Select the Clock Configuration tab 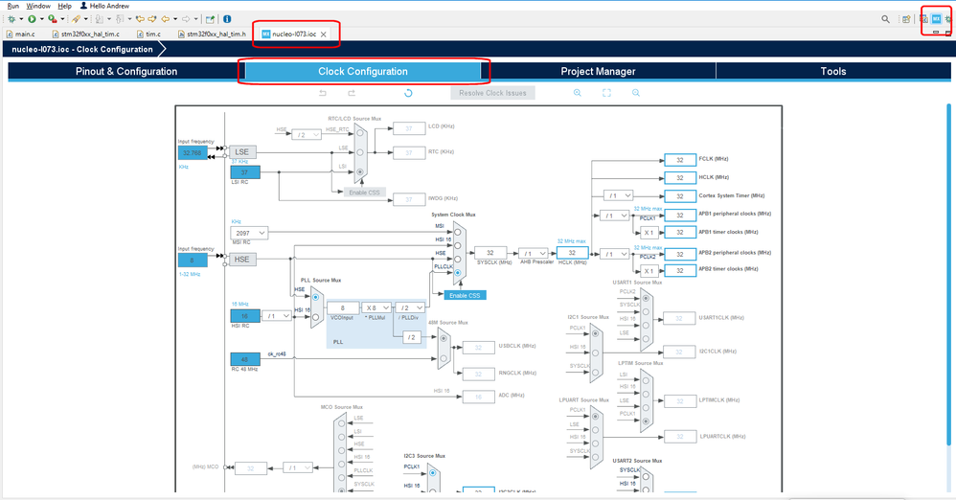(363, 71)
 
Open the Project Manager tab (598, 71)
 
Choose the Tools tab (832, 71)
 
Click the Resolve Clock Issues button (492, 93)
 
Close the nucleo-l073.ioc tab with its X (324, 34)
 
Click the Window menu (38, 6)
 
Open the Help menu (65, 6)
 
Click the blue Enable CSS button (462, 295)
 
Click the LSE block (241, 152)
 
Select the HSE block (241, 259)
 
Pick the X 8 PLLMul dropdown (375, 307)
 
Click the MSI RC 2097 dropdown (248, 233)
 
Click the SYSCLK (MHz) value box (490, 253)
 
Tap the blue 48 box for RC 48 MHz (244, 359)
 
